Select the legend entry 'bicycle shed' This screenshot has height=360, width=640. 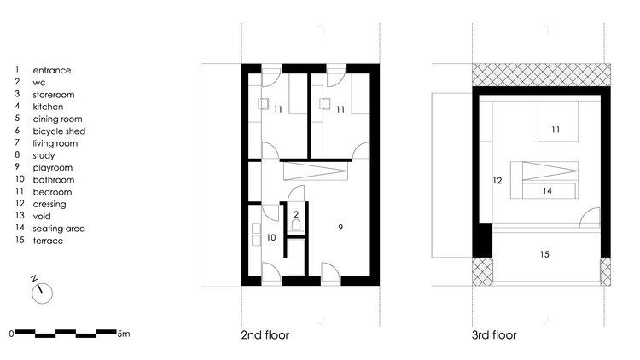click(x=59, y=131)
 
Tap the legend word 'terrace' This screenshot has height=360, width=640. click(x=48, y=241)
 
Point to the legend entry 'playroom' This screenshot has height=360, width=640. click(x=52, y=168)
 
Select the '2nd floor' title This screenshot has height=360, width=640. click(x=266, y=335)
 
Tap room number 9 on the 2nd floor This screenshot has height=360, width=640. click(x=340, y=228)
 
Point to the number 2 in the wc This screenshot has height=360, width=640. click(x=295, y=214)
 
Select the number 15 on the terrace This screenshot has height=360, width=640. click(x=543, y=254)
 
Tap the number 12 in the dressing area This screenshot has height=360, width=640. click(x=497, y=181)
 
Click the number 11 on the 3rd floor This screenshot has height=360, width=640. click(x=555, y=130)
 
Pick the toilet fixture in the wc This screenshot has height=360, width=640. click(x=295, y=227)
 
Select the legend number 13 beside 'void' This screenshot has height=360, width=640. click(x=17, y=217)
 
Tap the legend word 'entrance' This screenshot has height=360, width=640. click(x=52, y=70)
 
